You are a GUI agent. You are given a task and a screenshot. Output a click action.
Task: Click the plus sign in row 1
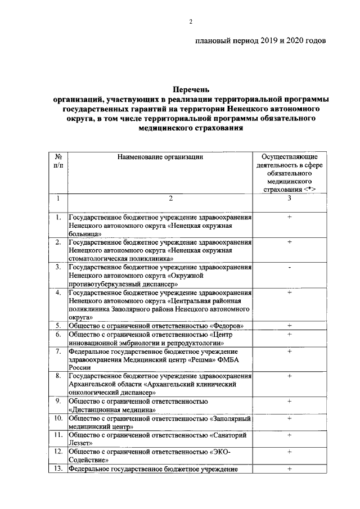(x=289, y=217)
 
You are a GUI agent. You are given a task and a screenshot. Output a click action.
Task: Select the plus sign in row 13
(x=289, y=469)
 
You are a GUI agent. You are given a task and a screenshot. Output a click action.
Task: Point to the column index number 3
(x=289, y=199)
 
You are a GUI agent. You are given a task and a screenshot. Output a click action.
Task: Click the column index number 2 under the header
(x=160, y=199)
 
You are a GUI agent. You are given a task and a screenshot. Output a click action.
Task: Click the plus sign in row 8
(x=289, y=376)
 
